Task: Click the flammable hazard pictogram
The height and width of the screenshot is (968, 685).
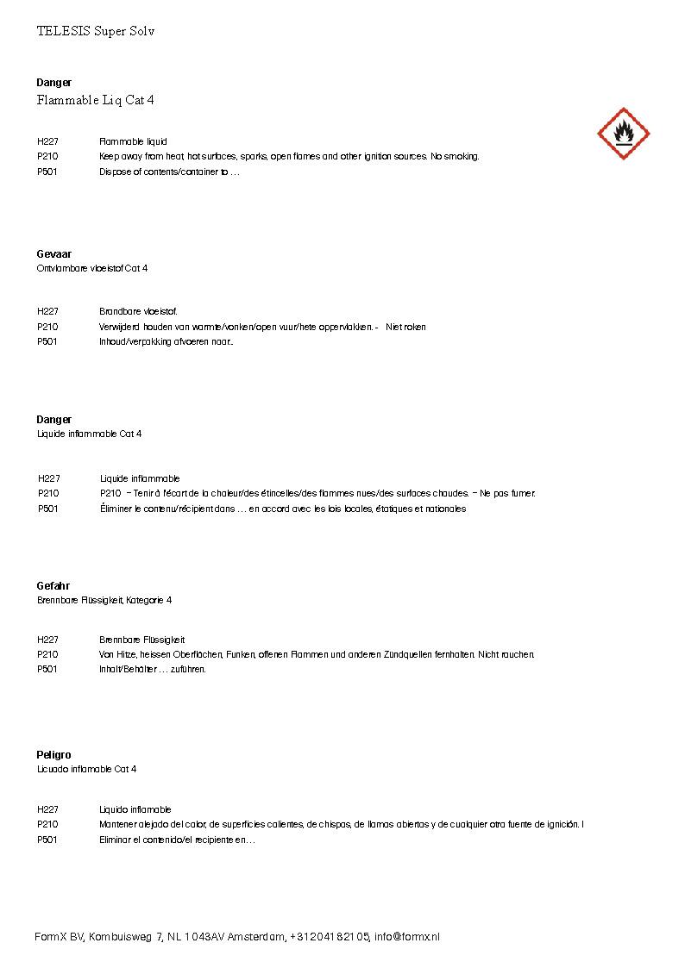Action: [x=623, y=134]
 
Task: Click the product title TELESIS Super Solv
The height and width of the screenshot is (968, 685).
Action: [x=95, y=31]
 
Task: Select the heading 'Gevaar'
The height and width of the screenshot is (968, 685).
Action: [x=53, y=254]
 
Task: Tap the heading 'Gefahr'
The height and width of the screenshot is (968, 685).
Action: [x=53, y=586]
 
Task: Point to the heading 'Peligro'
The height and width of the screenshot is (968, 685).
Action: [x=53, y=755]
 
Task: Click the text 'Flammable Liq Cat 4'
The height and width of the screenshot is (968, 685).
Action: [x=95, y=101]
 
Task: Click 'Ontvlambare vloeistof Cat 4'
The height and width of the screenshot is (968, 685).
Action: [x=91, y=269]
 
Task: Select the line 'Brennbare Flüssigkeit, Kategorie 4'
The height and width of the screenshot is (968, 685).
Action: [x=104, y=600]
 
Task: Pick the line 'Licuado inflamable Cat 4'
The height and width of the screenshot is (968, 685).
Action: [x=86, y=769]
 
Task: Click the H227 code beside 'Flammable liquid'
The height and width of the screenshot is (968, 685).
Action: [x=47, y=141]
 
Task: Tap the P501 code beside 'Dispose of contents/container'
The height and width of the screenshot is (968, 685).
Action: [x=47, y=172]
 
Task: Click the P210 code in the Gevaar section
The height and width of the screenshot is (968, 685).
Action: [x=47, y=327]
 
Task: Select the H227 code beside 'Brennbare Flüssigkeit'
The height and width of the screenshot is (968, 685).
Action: [x=47, y=640]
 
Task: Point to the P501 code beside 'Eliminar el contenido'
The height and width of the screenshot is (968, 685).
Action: [x=47, y=840]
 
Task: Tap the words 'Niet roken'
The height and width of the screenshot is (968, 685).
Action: [x=405, y=327]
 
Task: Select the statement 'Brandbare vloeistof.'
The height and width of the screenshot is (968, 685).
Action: [x=138, y=311]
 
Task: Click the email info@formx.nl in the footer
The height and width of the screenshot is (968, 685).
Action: [x=407, y=937]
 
